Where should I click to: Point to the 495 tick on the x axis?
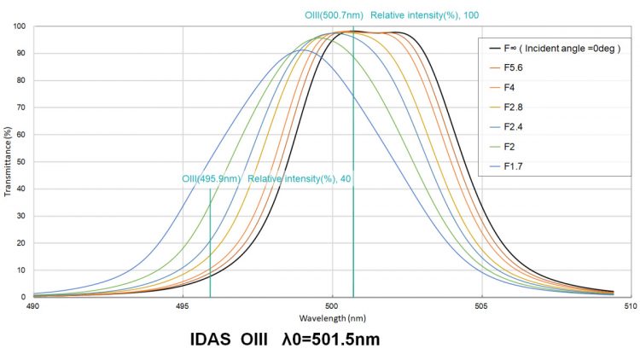click(182, 305)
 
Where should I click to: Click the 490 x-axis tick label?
click(32, 305)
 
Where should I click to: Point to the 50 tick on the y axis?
click(20, 161)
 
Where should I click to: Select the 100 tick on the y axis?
click(18, 26)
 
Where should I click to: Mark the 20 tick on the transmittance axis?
click(20, 242)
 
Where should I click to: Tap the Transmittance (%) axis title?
click(7, 161)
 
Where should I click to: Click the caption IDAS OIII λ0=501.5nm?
click(284, 339)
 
